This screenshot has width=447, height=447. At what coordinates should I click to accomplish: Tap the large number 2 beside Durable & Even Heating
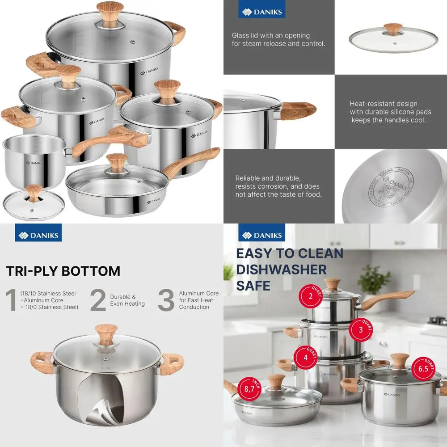(x=98, y=299)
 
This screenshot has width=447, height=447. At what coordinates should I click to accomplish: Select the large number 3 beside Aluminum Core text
(x=166, y=299)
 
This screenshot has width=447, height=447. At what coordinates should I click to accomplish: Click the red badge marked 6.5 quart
(x=422, y=368)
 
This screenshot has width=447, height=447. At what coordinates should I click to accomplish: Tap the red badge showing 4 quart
(x=305, y=358)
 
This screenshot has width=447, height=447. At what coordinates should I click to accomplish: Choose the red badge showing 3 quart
(x=361, y=329)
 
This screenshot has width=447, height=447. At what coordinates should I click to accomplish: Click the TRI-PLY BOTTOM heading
(x=63, y=271)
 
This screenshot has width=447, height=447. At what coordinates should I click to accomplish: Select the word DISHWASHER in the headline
(x=281, y=270)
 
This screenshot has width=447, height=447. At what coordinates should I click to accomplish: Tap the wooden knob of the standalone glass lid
(x=393, y=29)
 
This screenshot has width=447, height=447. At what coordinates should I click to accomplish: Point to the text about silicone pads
(x=387, y=112)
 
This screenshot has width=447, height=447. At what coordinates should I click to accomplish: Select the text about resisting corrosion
(x=278, y=186)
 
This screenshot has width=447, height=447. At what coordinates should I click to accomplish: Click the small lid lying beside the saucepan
(x=33, y=204)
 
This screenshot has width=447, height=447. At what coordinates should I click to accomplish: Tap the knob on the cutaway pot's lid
(x=106, y=333)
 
